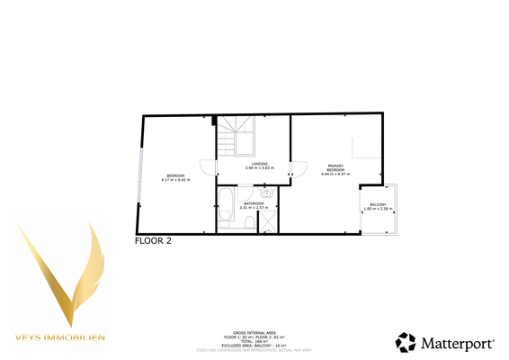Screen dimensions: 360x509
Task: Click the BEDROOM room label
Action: tap(175, 175)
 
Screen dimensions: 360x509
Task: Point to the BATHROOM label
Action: tap(252, 203)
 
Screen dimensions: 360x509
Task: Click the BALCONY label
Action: tap(379, 205)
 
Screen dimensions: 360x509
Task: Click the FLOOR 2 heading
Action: tap(153, 241)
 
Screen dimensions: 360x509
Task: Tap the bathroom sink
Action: tap(267, 193)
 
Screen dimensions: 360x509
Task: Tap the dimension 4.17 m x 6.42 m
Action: tap(175, 179)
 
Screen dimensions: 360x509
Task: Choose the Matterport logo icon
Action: tap(406, 342)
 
